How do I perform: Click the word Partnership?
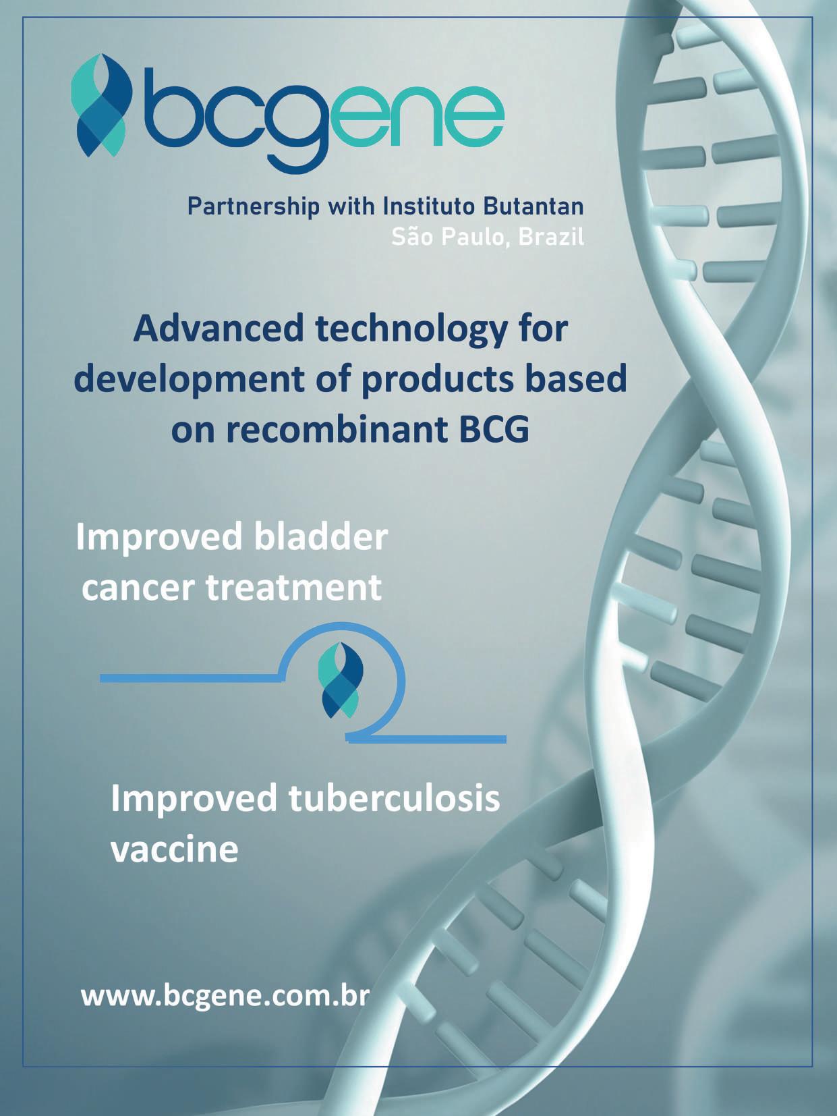[254, 207]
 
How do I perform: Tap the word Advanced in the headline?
[219, 329]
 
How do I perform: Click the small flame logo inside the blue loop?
[341, 680]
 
